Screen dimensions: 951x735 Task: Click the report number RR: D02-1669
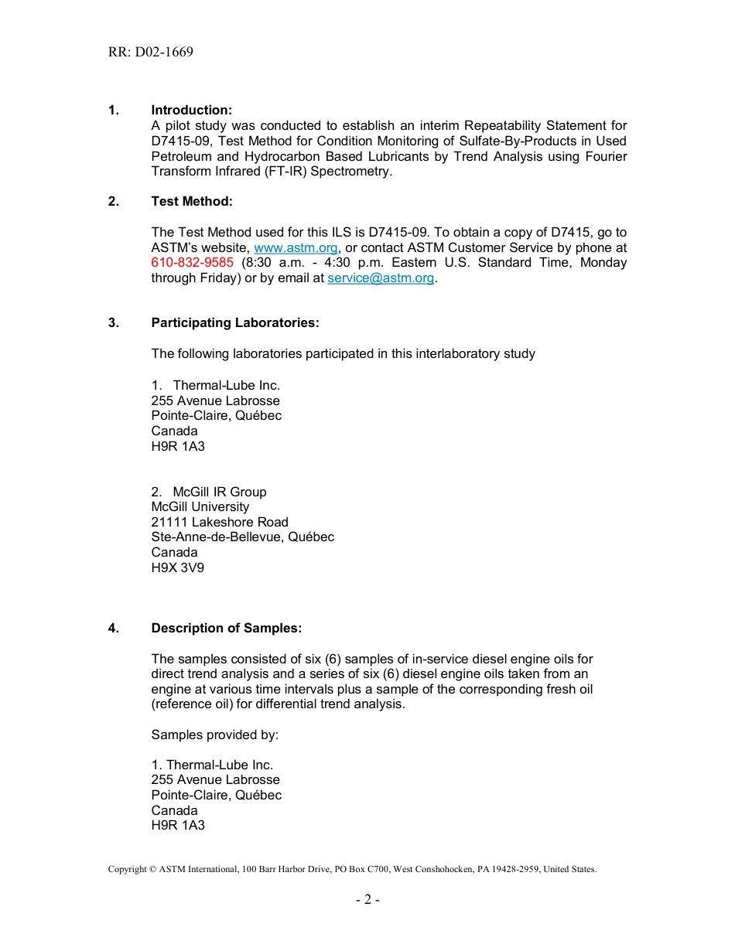(x=151, y=53)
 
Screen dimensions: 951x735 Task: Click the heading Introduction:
(x=191, y=111)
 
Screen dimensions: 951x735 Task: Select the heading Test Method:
(x=191, y=202)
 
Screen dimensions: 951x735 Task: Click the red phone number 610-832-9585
(x=192, y=263)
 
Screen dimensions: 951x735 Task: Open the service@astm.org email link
(x=381, y=278)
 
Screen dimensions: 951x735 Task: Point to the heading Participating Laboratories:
(x=234, y=323)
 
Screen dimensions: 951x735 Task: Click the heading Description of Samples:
(x=226, y=629)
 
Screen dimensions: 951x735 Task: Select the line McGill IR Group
(x=219, y=492)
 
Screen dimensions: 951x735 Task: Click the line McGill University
(x=200, y=507)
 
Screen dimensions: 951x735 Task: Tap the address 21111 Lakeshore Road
(x=219, y=523)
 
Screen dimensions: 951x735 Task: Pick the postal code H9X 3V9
(x=177, y=568)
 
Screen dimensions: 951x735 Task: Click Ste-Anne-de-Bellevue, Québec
(x=242, y=537)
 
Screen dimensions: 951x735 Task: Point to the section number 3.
(x=114, y=323)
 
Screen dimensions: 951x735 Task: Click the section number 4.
(x=114, y=629)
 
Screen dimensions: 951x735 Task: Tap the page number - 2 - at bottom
(x=367, y=899)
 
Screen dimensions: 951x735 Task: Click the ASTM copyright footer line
(x=352, y=869)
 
